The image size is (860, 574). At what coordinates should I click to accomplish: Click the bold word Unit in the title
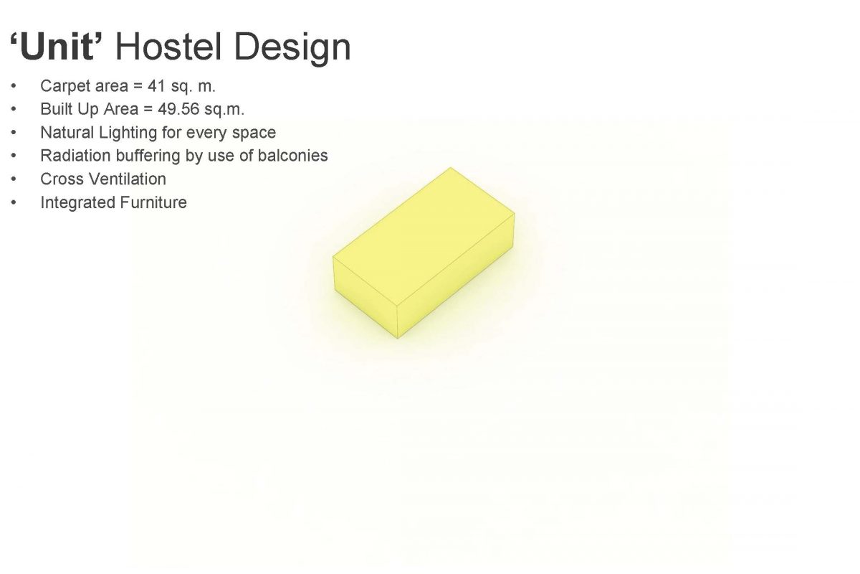click(57, 47)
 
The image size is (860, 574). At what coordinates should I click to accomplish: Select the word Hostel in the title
click(168, 47)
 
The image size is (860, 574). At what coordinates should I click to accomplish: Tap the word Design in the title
click(292, 49)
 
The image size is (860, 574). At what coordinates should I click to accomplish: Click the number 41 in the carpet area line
click(156, 85)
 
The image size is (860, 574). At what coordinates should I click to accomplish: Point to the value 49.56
click(178, 109)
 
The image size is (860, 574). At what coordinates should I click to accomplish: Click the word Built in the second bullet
click(57, 109)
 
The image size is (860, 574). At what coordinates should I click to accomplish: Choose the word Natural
click(67, 132)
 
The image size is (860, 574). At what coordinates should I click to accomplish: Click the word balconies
click(292, 156)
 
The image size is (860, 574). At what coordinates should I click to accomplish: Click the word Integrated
click(77, 203)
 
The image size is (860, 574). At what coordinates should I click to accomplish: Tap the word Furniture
click(153, 202)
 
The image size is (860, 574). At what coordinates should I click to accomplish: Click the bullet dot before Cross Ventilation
click(14, 179)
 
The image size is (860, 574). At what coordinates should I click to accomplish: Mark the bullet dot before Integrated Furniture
click(14, 202)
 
